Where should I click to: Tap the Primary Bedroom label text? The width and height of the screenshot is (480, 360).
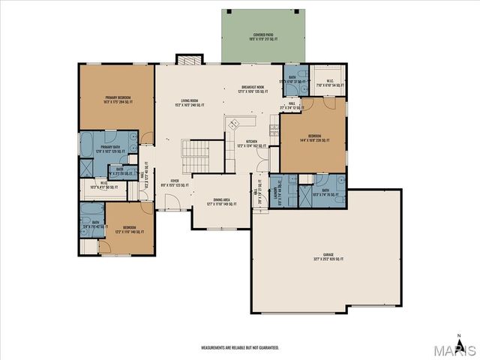click(118, 99)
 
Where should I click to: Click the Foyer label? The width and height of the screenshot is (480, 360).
click(175, 182)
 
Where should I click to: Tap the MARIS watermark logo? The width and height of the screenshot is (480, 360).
click(457, 351)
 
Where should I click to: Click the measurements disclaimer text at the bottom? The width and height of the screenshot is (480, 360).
click(240, 348)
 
